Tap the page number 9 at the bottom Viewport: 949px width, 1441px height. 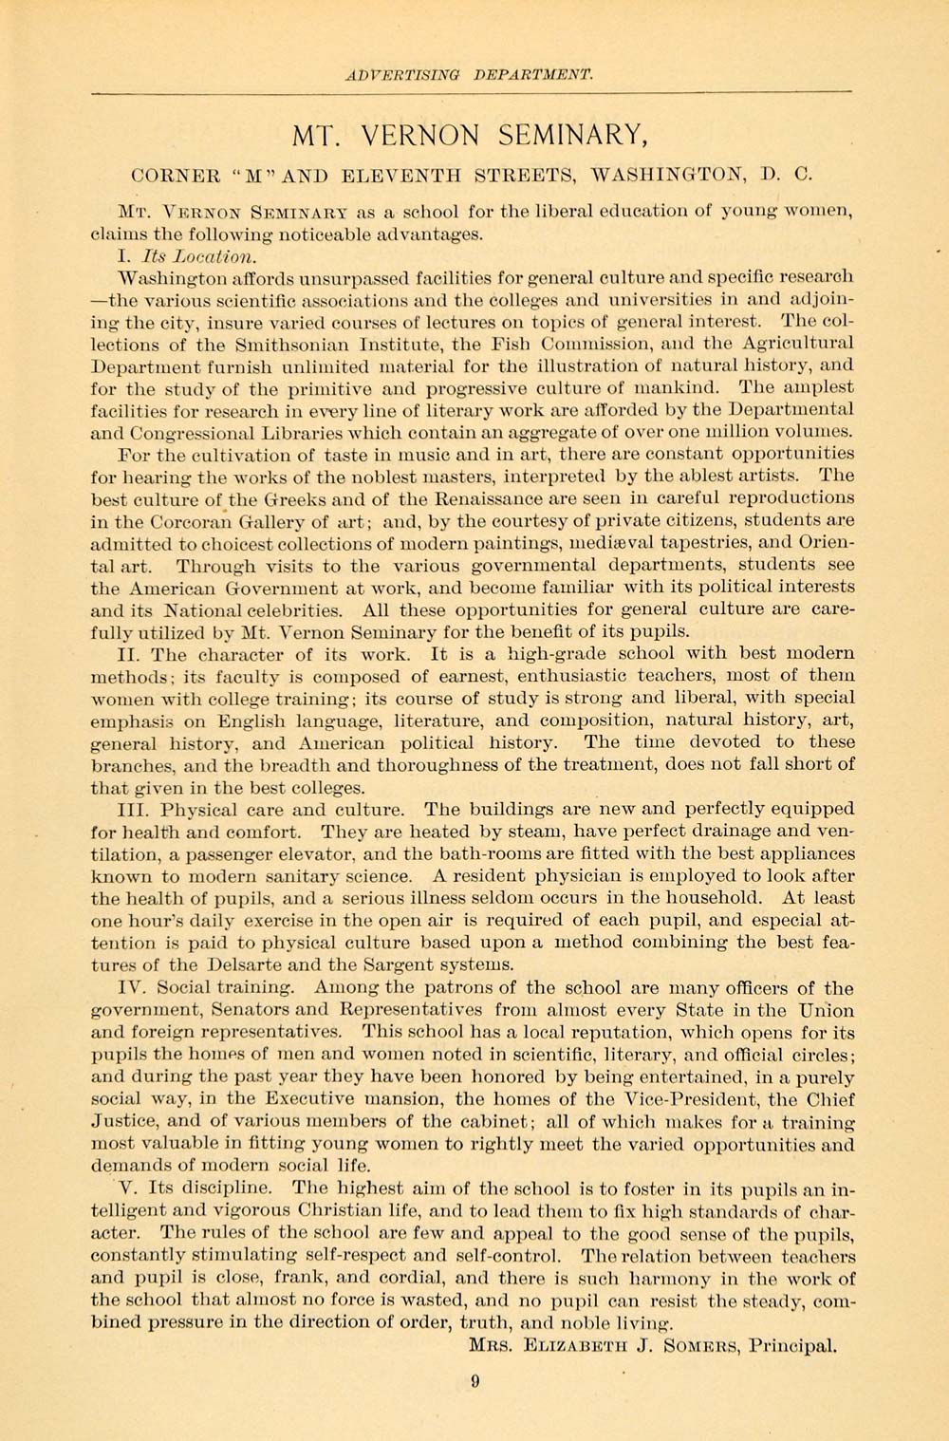coord(474,1382)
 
